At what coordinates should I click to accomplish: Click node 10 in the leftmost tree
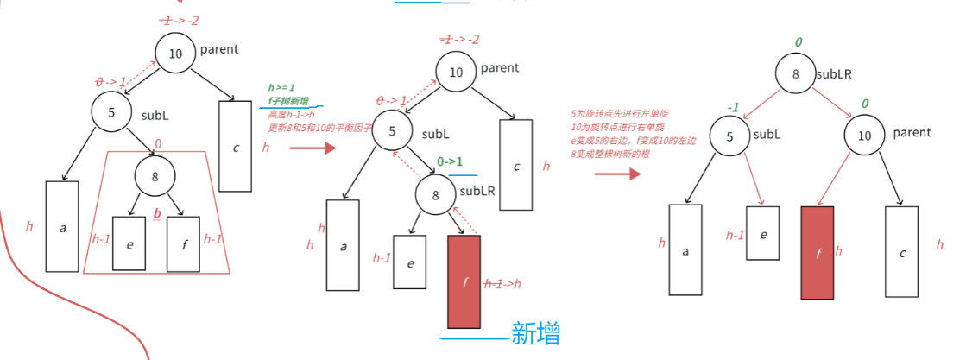(175, 54)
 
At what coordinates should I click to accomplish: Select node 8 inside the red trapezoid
(155, 177)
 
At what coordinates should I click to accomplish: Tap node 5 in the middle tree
(394, 132)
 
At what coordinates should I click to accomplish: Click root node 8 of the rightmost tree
(795, 74)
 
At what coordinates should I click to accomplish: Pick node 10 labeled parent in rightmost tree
(864, 134)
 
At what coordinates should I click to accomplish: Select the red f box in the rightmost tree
(818, 253)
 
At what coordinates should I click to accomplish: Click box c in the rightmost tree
(902, 253)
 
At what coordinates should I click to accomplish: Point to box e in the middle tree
(409, 262)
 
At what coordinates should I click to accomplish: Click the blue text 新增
(536, 334)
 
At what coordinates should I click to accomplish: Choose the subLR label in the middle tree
(477, 191)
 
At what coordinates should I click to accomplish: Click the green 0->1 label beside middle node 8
(450, 161)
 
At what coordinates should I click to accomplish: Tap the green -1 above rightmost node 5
(733, 108)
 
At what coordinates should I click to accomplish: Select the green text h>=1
(281, 88)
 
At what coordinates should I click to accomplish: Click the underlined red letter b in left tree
(157, 212)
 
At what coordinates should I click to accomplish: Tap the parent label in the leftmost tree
(219, 49)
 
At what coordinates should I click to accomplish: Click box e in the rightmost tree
(763, 232)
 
